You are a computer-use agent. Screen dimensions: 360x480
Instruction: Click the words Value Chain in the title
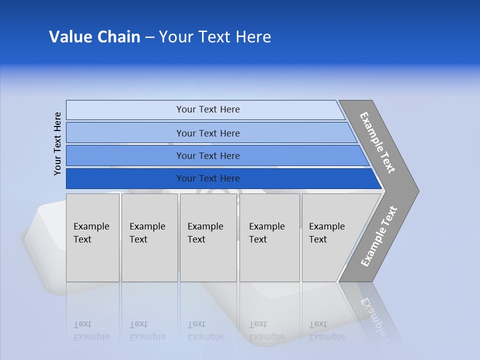[x=94, y=37]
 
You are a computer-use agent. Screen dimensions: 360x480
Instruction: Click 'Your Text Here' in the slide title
[x=215, y=37]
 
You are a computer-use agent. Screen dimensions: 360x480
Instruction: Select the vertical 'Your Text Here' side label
[x=57, y=143]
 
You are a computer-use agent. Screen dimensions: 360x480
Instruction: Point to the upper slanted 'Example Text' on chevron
[x=377, y=142]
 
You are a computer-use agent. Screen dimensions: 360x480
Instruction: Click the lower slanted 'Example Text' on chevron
[x=379, y=236]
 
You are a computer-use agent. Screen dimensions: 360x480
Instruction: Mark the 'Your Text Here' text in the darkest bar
[x=208, y=178]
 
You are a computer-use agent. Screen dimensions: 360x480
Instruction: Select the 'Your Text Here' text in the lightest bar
[x=208, y=109]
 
